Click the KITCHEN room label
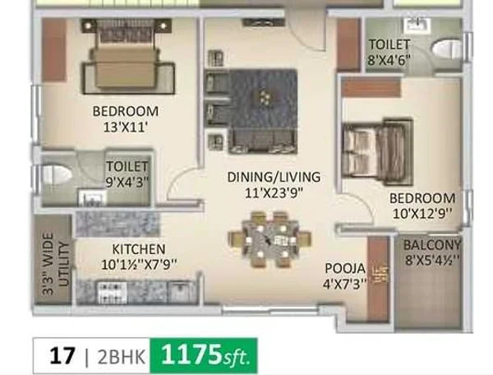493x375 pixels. coord(139,249)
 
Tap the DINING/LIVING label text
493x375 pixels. coord(274,177)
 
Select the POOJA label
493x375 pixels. coord(345,269)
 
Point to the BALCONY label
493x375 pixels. coord(432,245)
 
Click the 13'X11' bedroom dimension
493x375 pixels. coord(126,127)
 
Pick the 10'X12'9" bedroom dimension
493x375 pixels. coord(422,214)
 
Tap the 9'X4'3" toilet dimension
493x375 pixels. coord(127,182)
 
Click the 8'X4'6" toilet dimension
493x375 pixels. coord(389,60)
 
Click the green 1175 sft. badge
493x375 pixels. coord(204,355)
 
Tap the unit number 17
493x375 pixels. coord(62,356)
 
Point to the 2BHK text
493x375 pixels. coord(122,357)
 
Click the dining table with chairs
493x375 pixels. coord(270,240)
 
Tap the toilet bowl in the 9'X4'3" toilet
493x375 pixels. coord(57,174)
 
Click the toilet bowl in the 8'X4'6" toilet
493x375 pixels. coord(447,49)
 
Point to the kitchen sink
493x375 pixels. coord(181,290)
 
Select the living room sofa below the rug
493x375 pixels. coord(263,141)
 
